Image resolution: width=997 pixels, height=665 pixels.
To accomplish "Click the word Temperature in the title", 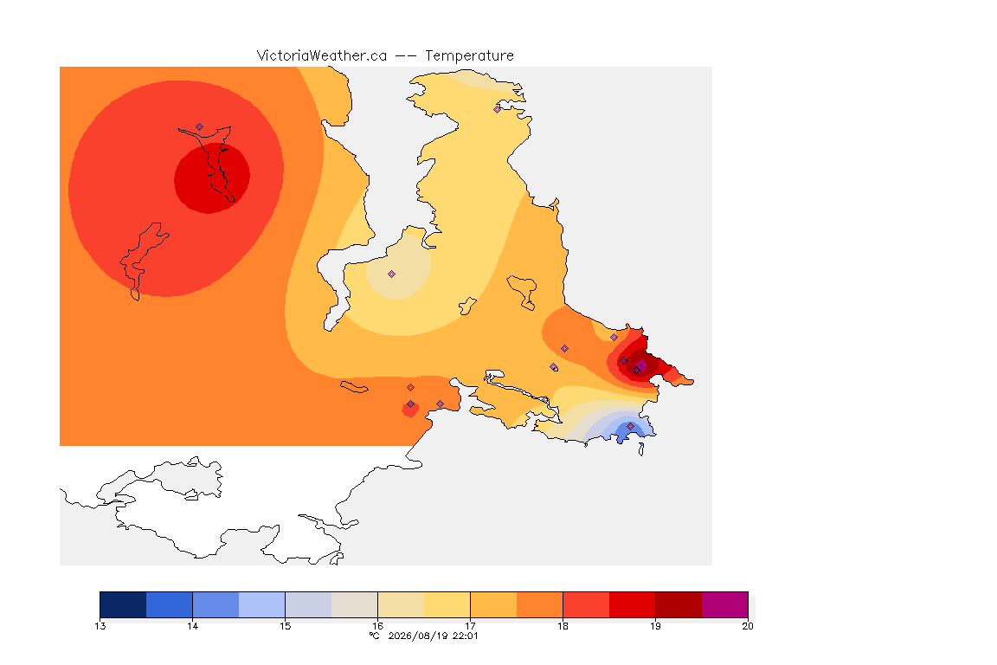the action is [469, 56].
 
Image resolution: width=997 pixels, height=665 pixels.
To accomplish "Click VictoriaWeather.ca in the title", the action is [322, 56].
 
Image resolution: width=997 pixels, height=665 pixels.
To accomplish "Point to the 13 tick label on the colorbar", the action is [100, 626].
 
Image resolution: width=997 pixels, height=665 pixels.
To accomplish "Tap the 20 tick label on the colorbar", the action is [748, 626].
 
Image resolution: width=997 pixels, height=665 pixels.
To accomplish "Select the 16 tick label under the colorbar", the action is [377, 626].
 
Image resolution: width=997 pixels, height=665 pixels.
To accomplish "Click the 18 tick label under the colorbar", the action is [563, 626].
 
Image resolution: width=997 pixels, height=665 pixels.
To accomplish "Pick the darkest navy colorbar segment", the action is [124, 604].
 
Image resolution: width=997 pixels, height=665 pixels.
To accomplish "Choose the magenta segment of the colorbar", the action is [725, 604].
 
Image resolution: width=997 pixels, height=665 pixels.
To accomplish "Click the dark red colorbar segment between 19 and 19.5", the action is [679, 604].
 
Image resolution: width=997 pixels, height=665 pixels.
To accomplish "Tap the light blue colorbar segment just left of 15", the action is [262, 604].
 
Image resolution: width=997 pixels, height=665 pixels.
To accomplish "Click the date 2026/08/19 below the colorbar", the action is [419, 636].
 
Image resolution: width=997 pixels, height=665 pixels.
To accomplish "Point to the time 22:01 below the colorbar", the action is [466, 636].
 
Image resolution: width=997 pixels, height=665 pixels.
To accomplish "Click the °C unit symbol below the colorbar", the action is [375, 636].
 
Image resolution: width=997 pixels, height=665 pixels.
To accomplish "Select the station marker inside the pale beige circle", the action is [392, 274].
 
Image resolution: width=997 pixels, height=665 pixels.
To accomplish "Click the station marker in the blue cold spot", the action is [630, 426].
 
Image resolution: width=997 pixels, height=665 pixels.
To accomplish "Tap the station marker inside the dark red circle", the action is [225, 175].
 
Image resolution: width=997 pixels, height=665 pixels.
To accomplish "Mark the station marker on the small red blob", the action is [411, 404].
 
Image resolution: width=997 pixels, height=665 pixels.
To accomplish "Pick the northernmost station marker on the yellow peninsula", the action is [498, 109].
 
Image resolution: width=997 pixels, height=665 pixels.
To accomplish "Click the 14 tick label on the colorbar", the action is [193, 626].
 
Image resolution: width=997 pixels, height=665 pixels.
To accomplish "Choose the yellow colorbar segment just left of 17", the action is [447, 604].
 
